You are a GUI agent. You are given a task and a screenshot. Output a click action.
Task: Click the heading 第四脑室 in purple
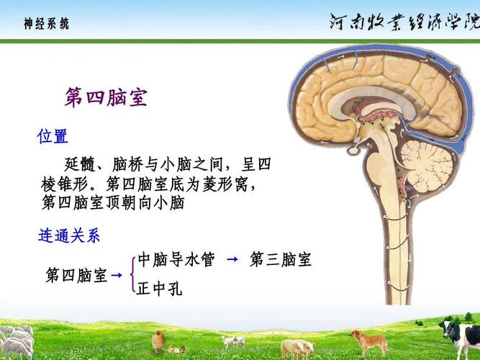click(x=106, y=97)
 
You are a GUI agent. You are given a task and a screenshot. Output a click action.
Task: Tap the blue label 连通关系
click(x=68, y=235)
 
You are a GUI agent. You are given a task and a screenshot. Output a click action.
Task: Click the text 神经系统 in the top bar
click(x=46, y=24)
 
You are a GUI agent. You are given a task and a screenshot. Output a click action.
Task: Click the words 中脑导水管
click(x=176, y=260)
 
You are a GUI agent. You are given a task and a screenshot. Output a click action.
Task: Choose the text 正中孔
click(x=159, y=289)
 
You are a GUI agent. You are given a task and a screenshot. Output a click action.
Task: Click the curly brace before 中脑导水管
click(x=134, y=275)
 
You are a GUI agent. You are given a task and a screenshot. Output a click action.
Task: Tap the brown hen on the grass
click(x=159, y=340)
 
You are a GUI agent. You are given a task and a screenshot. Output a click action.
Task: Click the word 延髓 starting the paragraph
click(x=78, y=164)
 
